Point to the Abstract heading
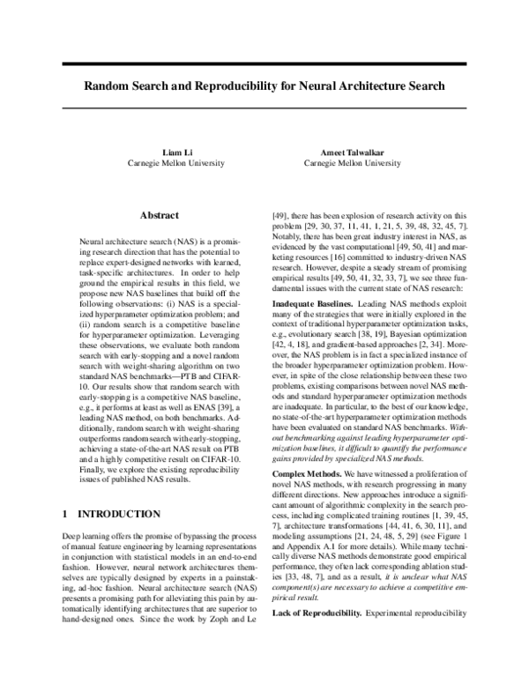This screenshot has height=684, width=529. [x=160, y=215]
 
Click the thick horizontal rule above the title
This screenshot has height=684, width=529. [x=264, y=64]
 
